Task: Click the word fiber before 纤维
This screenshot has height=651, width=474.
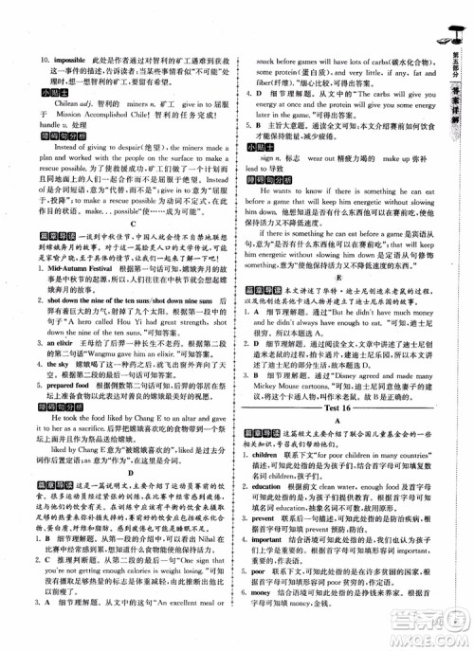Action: click(x=257, y=81)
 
